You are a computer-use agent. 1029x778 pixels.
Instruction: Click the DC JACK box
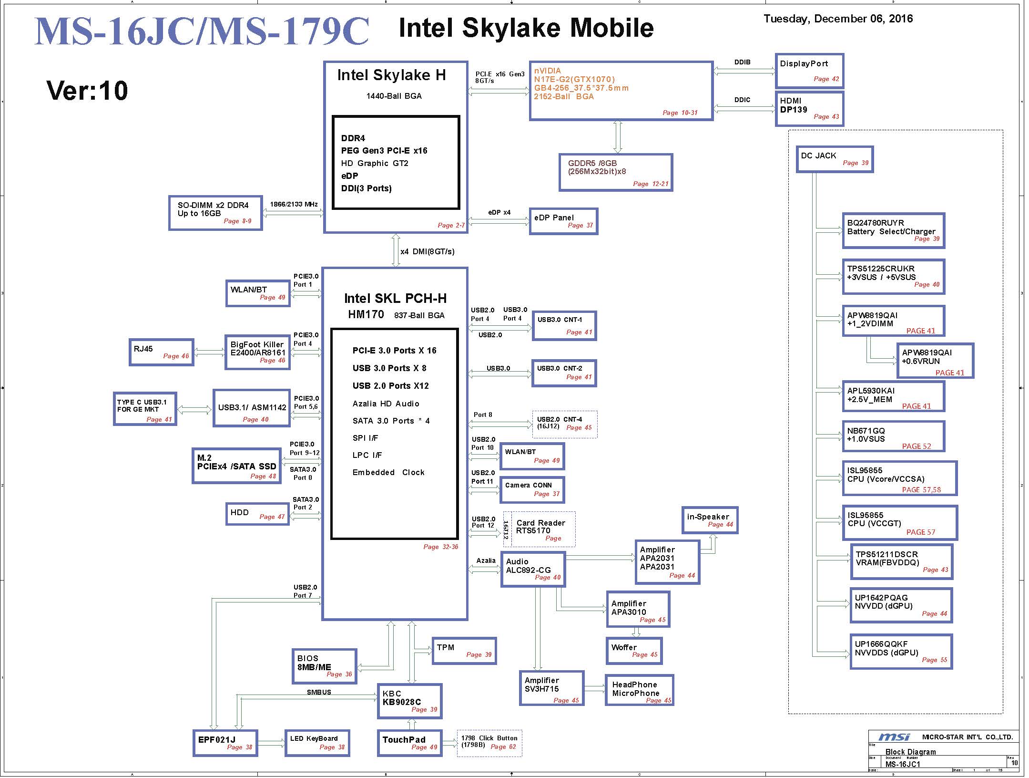pyautogui.click(x=835, y=159)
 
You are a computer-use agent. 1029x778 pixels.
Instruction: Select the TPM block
pyautogui.click(x=464, y=651)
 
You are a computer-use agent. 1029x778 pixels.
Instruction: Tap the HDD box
pyautogui.click(x=257, y=513)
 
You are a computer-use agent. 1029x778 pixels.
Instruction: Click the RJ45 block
pyautogui.click(x=162, y=353)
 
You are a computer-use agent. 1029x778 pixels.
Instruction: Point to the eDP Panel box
pyautogui.click(x=563, y=221)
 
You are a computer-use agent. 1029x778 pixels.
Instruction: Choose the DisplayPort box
pyautogui.click(x=809, y=71)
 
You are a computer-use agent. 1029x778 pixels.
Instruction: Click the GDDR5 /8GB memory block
pyautogui.click(x=616, y=172)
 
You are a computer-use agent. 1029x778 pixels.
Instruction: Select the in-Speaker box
pyautogui.click(x=710, y=520)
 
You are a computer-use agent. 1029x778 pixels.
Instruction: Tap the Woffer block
pyautogui.click(x=634, y=651)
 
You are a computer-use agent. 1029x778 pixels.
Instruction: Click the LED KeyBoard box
pyautogui.click(x=317, y=743)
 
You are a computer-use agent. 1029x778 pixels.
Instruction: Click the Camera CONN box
pyautogui.click(x=532, y=489)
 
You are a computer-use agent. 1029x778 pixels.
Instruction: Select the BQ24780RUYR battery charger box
pyautogui.click(x=893, y=231)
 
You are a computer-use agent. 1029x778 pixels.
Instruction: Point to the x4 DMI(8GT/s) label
pyautogui.click(x=427, y=251)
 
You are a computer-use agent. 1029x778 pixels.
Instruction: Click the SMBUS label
pyautogui.click(x=319, y=692)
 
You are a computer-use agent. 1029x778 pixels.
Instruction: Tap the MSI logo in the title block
pyautogui.click(x=894, y=737)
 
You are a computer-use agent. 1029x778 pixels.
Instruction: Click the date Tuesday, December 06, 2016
pyautogui.click(x=838, y=19)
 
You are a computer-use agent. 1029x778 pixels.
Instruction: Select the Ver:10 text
pyautogui.click(x=87, y=90)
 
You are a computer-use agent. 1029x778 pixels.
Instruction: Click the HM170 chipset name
pyautogui.click(x=366, y=314)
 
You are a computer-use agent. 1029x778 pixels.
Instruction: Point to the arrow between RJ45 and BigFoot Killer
pyautogui.click(x=209, y=353)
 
